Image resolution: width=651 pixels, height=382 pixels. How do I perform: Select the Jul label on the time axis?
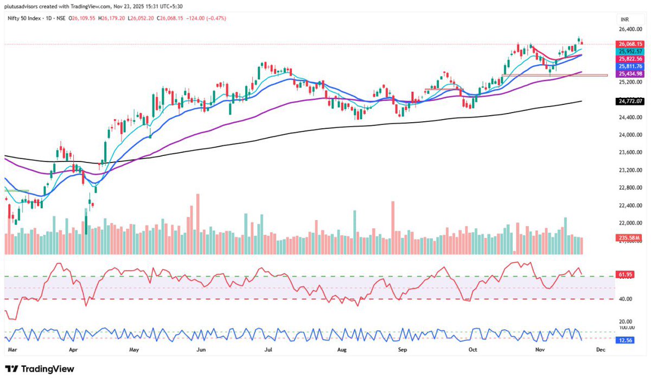pyautogui.click(x=268, y=350)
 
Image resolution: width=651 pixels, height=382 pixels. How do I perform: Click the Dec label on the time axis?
pyautogui.click(x=601, y=350)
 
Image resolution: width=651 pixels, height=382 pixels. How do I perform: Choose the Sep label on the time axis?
pyautogui.click(x=402, y=350)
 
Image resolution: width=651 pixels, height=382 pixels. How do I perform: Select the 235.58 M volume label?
pyautogui.click(x=629, y=237)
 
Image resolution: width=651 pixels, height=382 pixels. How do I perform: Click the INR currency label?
pyautogui.click(x=624, y=19)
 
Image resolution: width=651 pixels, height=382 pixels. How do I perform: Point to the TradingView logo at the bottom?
pyautogui.click(x=40, y=369)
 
